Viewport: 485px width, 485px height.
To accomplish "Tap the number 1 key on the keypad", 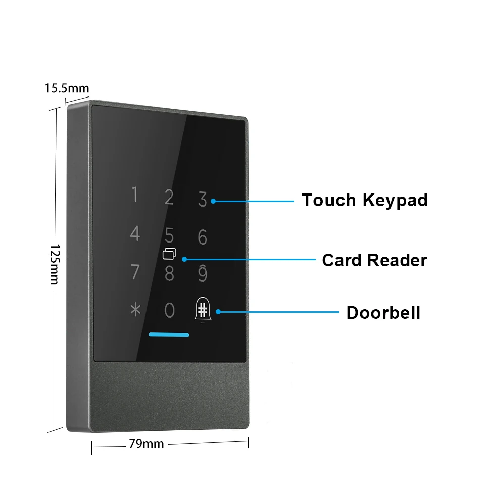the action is point(134,194).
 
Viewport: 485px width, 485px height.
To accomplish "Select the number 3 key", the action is point(202,199).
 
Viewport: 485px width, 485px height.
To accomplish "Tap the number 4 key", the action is point(135,233).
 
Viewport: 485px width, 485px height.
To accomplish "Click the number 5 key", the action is point(169,235).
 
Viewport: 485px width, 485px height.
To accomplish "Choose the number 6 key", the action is point(202,237).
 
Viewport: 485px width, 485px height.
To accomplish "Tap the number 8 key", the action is point(169,274).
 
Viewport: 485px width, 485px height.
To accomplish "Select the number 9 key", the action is point(202,273).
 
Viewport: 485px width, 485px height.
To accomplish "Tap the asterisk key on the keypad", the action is point(135,309).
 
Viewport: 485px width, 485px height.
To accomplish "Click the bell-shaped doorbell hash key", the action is point(203,310).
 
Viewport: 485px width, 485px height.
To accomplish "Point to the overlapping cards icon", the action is point(169,254).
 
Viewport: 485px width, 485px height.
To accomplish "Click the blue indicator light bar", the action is point(169,334).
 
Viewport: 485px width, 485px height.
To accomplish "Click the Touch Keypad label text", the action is point(365,201).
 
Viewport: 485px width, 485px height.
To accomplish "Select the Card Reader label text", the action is point(374,260).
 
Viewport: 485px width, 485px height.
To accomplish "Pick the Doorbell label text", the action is point(383,312).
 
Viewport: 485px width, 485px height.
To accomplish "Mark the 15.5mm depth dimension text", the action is point(67,88).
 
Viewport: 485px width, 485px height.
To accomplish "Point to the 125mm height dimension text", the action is point(55,264).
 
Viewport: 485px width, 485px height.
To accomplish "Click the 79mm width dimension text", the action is point(147,444).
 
